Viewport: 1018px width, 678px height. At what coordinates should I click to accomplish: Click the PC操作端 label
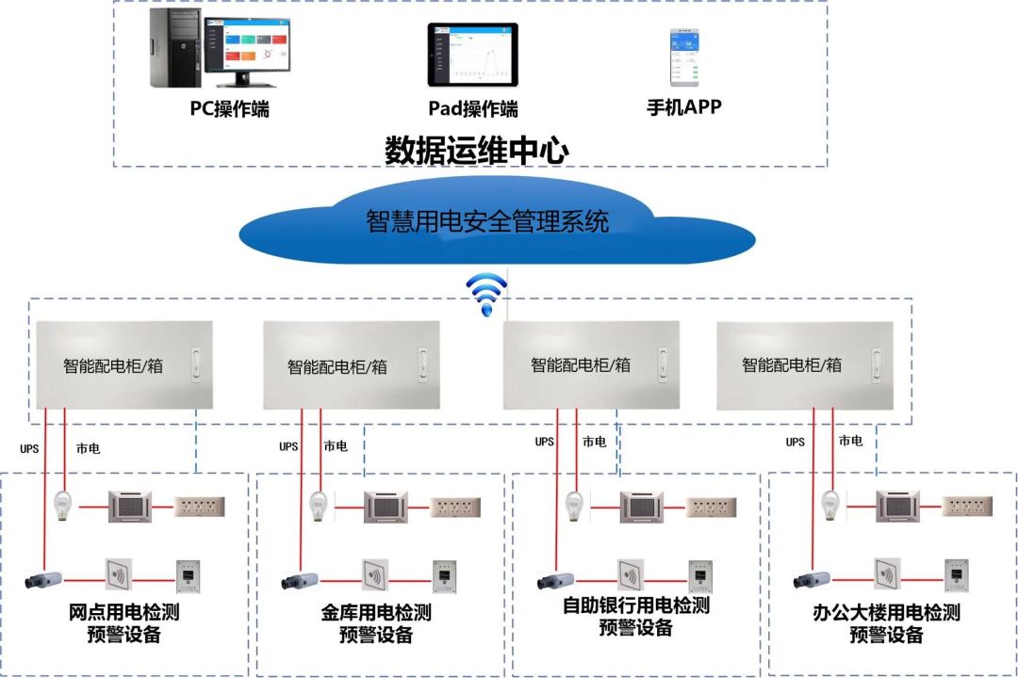[x=229, y=109]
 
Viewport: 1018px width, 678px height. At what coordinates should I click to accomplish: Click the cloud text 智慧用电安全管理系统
[x=487, y=222]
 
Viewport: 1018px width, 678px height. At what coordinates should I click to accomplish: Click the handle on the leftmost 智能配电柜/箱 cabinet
[x=196, y=363]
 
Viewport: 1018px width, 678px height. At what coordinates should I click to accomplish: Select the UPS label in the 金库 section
[x=288, y=446]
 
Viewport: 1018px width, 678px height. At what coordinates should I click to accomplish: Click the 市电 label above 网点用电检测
[x=88, y=448]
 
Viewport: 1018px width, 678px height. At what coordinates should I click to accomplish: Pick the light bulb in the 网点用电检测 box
[x=65, y=505]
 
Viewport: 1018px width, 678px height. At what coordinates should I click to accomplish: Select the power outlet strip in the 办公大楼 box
[x=970, y=506]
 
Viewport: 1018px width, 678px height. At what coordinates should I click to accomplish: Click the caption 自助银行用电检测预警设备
[x=635, y=616]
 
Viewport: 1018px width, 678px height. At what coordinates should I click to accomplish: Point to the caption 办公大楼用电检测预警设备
[x=886, y=623]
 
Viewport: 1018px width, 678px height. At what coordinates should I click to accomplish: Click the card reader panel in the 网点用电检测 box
[x=118, y=574]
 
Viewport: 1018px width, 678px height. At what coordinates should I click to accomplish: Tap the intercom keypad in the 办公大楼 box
[x=957, y=574]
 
